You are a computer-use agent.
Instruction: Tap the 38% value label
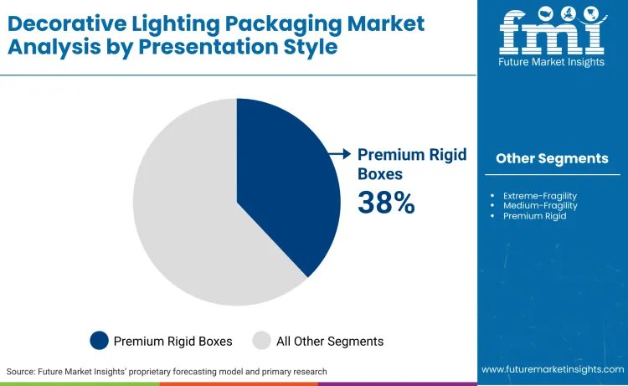(386, 203)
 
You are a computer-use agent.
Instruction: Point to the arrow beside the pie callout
(338, 154)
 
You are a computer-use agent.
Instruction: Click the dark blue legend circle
(100, 341)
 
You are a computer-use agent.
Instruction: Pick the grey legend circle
(261, 341)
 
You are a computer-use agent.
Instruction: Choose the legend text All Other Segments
(330, 341)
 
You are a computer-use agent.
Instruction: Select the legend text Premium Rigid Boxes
(172, 341)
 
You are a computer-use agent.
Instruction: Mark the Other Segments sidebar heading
(552, 158)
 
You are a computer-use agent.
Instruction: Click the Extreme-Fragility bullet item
(540, 195)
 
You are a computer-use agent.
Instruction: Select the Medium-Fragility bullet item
(540, 205)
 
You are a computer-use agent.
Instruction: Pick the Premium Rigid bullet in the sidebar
(534, 216)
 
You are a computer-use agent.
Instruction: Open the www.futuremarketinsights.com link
(552, 369)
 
